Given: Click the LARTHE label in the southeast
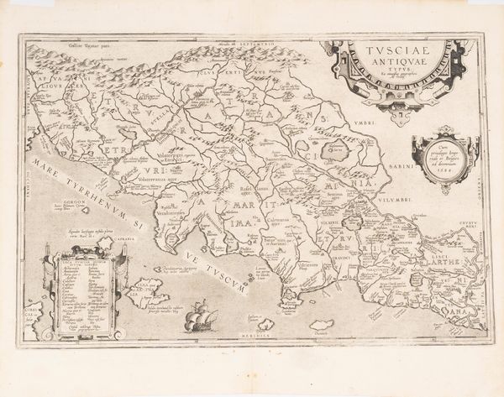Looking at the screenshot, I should click(x=445, y=263).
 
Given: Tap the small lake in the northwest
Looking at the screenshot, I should click(x=128, y=133).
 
